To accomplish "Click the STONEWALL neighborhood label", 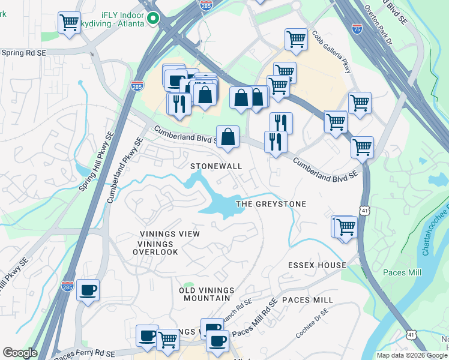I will pos(216,166).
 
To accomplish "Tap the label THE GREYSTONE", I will pos(271,204).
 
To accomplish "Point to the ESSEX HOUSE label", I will pos(317,265).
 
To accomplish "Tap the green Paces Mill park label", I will pos(402,272).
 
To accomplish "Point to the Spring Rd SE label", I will pos(23,53).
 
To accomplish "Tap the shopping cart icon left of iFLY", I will pos(69,23).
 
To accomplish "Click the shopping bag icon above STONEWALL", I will pos(229,137).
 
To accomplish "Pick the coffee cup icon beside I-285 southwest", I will pos(88,290).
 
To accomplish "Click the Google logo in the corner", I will pos(20,353).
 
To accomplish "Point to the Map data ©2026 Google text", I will pos(412,355).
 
